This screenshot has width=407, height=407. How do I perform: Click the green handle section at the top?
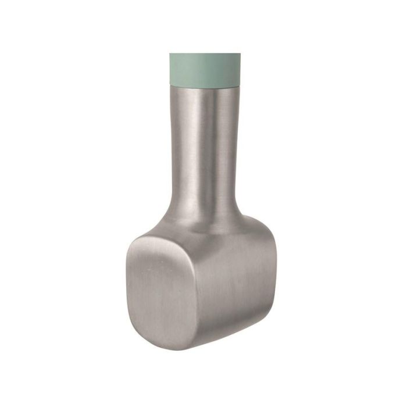click(205, 69)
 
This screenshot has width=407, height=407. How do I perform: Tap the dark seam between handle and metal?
click(205, 86)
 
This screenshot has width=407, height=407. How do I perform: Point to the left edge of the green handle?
click(171, 69)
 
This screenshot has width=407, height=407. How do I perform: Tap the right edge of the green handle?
click(240, 69)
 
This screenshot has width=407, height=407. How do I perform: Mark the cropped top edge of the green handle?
click(205, 55)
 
